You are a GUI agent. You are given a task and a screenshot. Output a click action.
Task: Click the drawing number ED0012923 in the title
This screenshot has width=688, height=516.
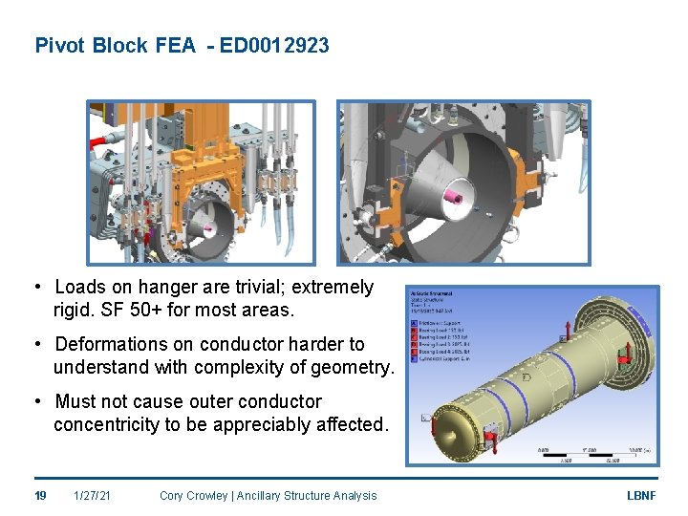pyautogui.click(x=274, y=45)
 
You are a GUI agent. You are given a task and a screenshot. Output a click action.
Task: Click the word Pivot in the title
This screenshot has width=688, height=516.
pyautogui.click(x=60, y=45)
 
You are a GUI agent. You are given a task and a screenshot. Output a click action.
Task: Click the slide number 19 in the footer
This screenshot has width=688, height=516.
pyautogui.click(x=41, y=495)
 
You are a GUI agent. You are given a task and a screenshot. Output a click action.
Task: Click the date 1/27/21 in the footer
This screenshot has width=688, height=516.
pyautogui.click(x=94, y=495)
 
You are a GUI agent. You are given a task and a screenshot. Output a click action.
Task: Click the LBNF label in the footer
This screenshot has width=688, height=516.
pyautogui.click(x=640, y=495)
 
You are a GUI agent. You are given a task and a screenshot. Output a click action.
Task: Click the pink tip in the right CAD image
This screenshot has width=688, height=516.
pyautogui.click(x=456, y=199)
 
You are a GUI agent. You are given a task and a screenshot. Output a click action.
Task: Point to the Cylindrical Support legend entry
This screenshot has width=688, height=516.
pyautogui.click(x=444, y=358)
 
